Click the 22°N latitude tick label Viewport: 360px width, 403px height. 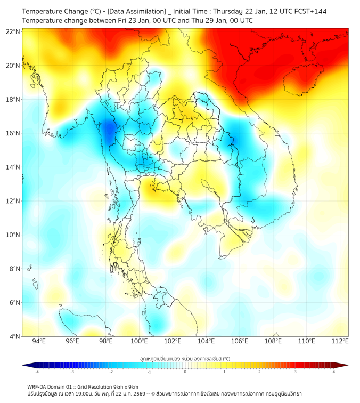point(13,31)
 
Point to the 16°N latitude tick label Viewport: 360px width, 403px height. point(13,133)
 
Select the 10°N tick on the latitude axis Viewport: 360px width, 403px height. point(13,235)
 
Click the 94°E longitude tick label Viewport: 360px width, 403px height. point(39,342)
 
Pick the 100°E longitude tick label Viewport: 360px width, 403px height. point(139,342)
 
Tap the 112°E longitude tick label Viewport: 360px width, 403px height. point(339,342)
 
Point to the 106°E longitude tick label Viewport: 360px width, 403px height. point(239,342)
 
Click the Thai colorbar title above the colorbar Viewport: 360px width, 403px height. point(185,359)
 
